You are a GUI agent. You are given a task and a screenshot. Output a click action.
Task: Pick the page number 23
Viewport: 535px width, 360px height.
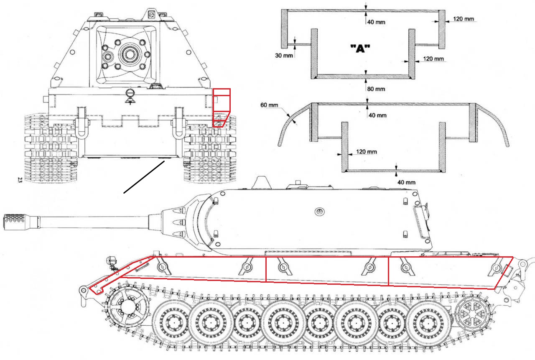pos(20,180)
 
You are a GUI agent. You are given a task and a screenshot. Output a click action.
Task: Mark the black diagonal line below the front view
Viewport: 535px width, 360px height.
pos(144,178)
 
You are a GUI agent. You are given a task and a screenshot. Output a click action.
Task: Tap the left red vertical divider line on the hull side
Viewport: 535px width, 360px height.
pos(266,269)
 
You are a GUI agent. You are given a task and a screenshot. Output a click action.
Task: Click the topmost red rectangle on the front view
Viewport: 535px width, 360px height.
pos(221,92)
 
